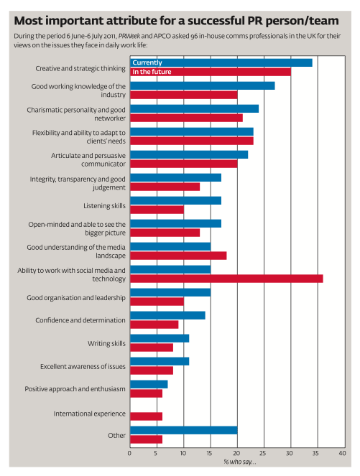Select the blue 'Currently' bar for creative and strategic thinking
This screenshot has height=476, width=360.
coord(221,62)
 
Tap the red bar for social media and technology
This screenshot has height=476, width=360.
coord(226,279)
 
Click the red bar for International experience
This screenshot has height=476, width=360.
coord(146,416)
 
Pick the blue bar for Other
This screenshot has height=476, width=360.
coord(184,431)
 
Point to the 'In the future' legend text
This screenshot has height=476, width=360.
coord(152,72)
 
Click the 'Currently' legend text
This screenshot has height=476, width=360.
coord(147,62)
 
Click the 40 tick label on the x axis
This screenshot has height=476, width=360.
coord(342,453)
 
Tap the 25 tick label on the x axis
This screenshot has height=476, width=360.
coord(263,453)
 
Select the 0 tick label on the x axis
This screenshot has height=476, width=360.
coord(130,453)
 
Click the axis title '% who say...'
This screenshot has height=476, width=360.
coord(240,462)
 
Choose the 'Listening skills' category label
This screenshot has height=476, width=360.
coord(104,206)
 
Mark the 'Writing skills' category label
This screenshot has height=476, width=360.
coord(106,344)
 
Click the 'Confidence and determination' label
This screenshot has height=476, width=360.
coord(80,321)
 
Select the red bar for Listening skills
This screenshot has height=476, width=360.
coord(157,210)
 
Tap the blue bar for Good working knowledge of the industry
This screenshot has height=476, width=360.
coord(203,85)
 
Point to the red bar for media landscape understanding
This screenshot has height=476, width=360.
coord(178,256)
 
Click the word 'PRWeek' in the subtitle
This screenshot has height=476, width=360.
coord(129,36)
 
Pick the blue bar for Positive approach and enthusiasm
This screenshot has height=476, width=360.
coord(149,385)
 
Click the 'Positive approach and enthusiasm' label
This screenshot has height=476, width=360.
coord(75,389)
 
